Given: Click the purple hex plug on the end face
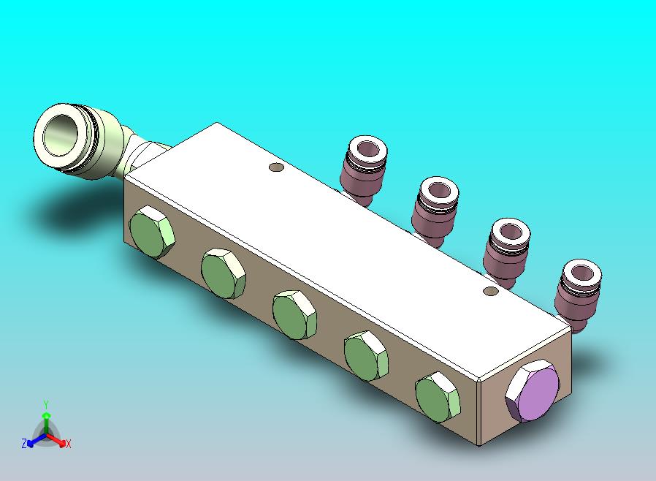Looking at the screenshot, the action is coord(532,390).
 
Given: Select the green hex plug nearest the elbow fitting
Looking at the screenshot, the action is coord(151,232).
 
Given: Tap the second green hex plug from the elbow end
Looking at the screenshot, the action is coord(223,273).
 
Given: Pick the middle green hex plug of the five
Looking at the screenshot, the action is coord(294,315).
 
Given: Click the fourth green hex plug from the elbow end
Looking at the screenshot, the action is coord(366,356).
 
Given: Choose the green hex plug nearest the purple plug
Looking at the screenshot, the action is coord(437,397).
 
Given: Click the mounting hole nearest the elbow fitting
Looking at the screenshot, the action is coord(276,167).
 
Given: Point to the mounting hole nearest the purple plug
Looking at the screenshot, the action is coord(490,290).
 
